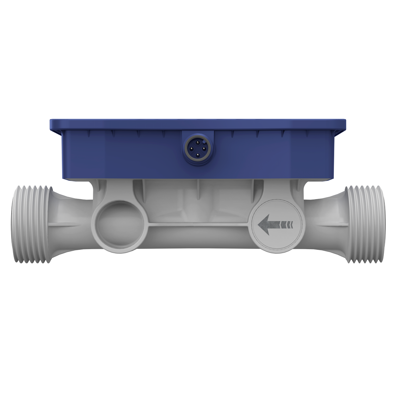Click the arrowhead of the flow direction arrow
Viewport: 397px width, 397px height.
pyautogui.click(x=265, y=225)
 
